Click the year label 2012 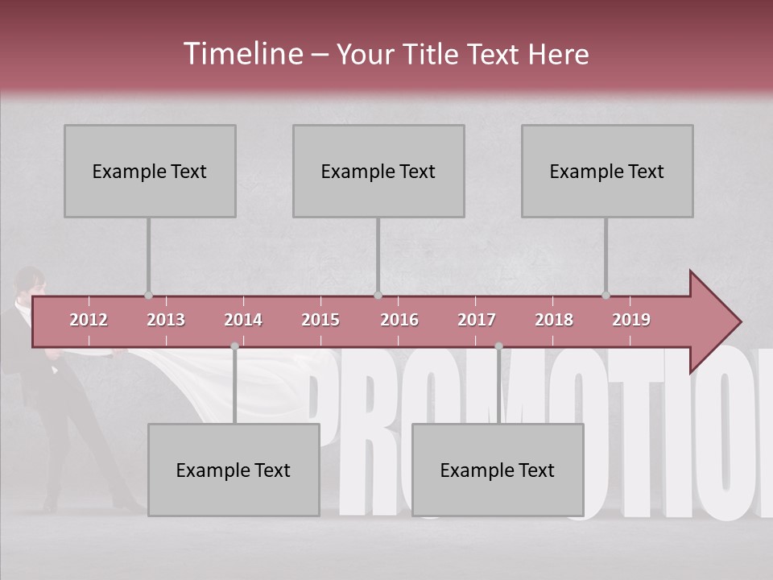(x=89, y=320)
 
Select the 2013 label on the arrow (x=166, y=320)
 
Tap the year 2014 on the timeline (x=243, y=320)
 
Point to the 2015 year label (x=320, y=320)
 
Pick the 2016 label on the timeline (x=399, y=320)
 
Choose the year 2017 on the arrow (x=477, y=320)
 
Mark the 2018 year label (x=554, y=320)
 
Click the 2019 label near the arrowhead (x=631, y=320)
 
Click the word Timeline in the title (x=242, y=54)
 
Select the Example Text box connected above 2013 (x=150, y=171)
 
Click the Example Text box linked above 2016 (x=378, y=171)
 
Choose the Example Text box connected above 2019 (x=607, y=171)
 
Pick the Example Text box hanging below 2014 (x=234, y=470)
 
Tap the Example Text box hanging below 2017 (x=498, y=470)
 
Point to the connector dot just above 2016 (x=378, y=295)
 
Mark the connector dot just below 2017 (x=498, y=346)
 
